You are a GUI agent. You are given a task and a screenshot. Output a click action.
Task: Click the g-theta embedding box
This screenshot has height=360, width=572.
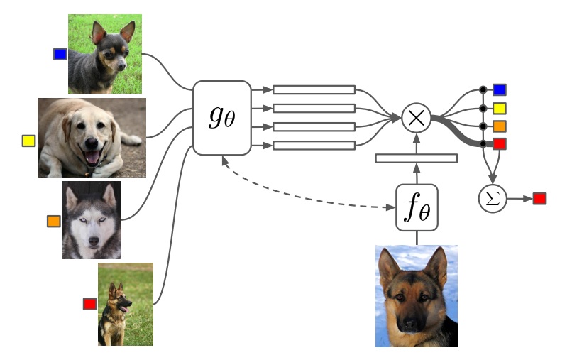pyautogui.click(x=222, y=118)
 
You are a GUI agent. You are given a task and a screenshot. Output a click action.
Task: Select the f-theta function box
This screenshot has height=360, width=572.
pyautogui.click(x=417, y=207)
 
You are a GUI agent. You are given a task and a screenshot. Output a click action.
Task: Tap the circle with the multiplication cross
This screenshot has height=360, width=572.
pyautogui.click(x=417, y=118)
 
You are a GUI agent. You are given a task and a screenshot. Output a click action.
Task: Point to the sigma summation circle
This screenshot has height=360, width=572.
pyautogui.click(x=493, y=199)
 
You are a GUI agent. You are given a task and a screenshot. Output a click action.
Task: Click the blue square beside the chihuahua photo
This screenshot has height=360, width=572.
pyautogui.click(x=60, y=54)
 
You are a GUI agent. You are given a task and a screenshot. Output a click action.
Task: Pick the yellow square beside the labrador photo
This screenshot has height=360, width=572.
pyautogui.click(x=29, y=141)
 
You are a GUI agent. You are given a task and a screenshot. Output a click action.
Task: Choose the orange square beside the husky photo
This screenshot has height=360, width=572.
pyautogui.click(x=54, y=221)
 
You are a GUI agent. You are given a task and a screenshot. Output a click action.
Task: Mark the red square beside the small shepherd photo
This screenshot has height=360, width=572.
pyautogui.click(x=89, y=304)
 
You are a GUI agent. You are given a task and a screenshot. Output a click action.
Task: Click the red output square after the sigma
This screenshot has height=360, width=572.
pyautogui.click(x=539, y=199)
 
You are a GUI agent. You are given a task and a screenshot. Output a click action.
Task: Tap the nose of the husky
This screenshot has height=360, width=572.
pyautogui.click(x=94, y=241)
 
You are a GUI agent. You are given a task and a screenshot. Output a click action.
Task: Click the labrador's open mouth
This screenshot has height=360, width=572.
pyautogui.click(x=92, y=156)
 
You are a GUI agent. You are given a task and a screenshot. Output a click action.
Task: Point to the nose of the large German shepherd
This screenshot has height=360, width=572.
pyautogui.click(x=411, y=324)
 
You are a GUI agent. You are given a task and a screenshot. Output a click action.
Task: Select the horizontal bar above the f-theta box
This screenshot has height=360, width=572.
pyautogui.click(x=417, y=158)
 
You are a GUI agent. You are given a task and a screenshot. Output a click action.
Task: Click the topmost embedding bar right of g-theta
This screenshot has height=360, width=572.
pyautogui.click(x=314, y=89)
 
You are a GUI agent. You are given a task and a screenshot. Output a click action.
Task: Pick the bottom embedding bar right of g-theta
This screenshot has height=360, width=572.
pyautogui.click(x=314, y=146)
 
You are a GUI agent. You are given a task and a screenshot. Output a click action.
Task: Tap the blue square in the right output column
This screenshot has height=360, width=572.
pyautogui.click(x=500, y=89)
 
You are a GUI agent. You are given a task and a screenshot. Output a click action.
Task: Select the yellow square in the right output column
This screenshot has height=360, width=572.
pyautogui.click(x=500, y=108)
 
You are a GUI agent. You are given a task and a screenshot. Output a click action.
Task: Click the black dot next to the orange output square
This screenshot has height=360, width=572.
pyautogui.click(x=483, y=126)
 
